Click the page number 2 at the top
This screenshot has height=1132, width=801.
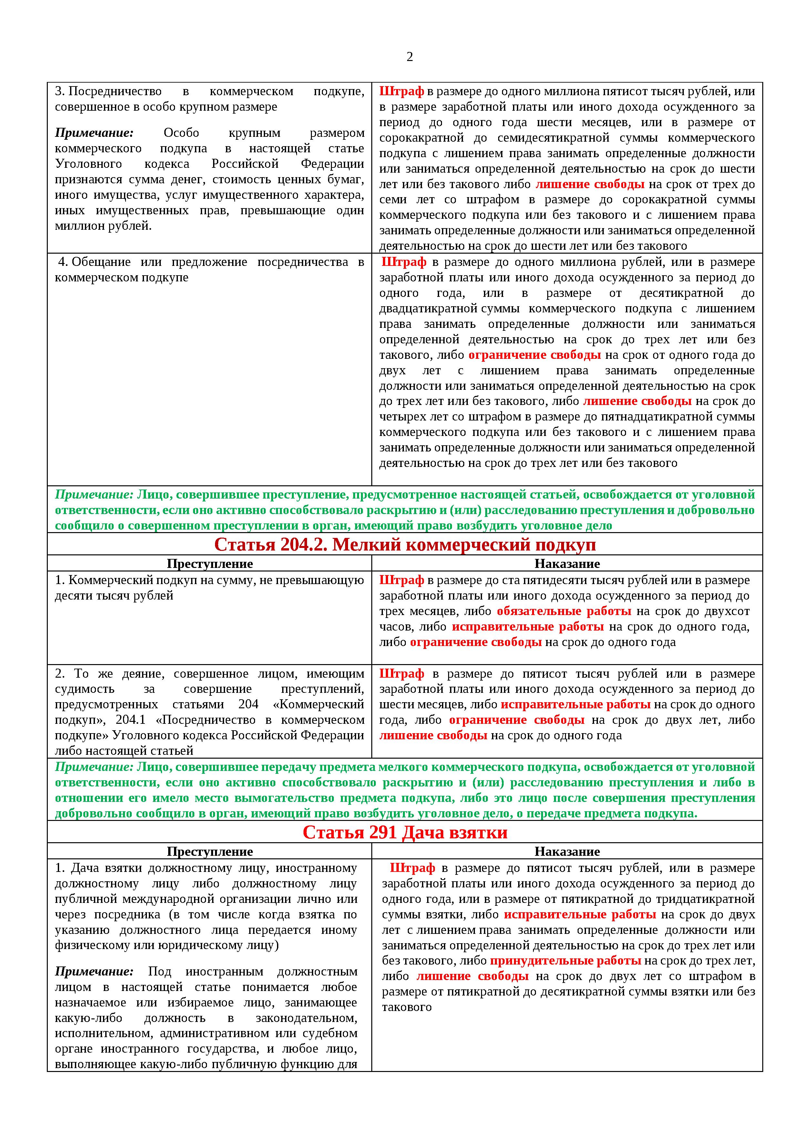409,57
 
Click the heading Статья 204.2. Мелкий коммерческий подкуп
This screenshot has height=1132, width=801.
405,544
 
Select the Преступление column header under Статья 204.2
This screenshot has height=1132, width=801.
210,563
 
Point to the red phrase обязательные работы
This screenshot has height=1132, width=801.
564,611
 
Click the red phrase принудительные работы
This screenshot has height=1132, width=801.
565,961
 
